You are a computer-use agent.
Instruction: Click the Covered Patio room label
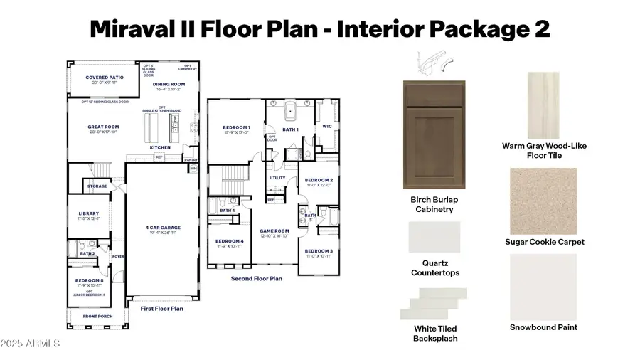pos(104,78)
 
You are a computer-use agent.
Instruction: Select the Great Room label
pos(104,127)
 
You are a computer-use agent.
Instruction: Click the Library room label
pos(89,213)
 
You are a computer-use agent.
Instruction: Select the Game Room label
pos(273,231)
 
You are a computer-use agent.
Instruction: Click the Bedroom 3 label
pos(319,251)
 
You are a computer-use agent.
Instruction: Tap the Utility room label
pos(277,178)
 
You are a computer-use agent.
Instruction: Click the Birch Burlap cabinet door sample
pos(433,135)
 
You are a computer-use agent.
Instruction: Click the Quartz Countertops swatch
pos(434,237)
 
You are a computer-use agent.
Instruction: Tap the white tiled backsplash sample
pos(434,303)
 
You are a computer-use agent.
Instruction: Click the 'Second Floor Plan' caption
pos(256,279)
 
